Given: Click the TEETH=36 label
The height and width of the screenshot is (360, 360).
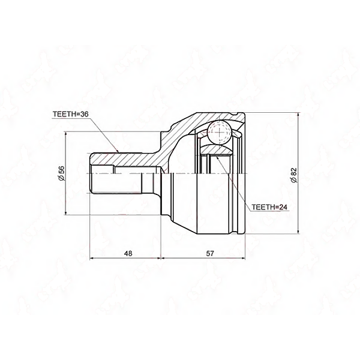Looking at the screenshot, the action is [x=70, y=115].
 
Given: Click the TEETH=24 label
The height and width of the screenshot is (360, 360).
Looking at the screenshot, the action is [x=269, y=207].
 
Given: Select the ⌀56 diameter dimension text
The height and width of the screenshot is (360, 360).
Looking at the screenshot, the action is [x=62, y=173].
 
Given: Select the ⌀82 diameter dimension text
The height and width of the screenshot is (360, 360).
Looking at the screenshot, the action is [x=294, y=175].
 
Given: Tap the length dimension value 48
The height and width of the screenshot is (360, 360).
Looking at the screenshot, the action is [x=128, y=253].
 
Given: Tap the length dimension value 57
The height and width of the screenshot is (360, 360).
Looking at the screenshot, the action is [x=210, y=253].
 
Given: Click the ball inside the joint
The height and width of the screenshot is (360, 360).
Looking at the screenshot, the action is [x=219, y=132].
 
